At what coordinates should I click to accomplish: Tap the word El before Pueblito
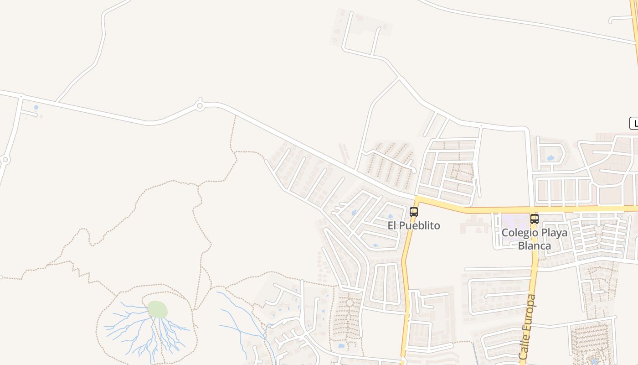click(x=393, y=225)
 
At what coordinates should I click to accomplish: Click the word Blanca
click(x=534, y=245)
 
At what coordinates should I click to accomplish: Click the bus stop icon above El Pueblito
click(x=414, y=212)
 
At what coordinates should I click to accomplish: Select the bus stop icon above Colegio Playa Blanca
click(x=535, y=219)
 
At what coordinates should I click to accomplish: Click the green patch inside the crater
click(x=157, y=309)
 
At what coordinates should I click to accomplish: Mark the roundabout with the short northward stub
click(x=199, y=106)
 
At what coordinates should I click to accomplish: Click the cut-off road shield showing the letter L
click(x=634, y=123)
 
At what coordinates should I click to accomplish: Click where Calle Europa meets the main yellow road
click(x=532, y=209)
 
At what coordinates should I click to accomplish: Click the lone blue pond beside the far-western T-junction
click(x=36, y=108)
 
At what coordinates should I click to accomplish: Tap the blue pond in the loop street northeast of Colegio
click(x=551, y=158)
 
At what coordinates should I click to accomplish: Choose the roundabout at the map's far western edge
click(x=5, y=160)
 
